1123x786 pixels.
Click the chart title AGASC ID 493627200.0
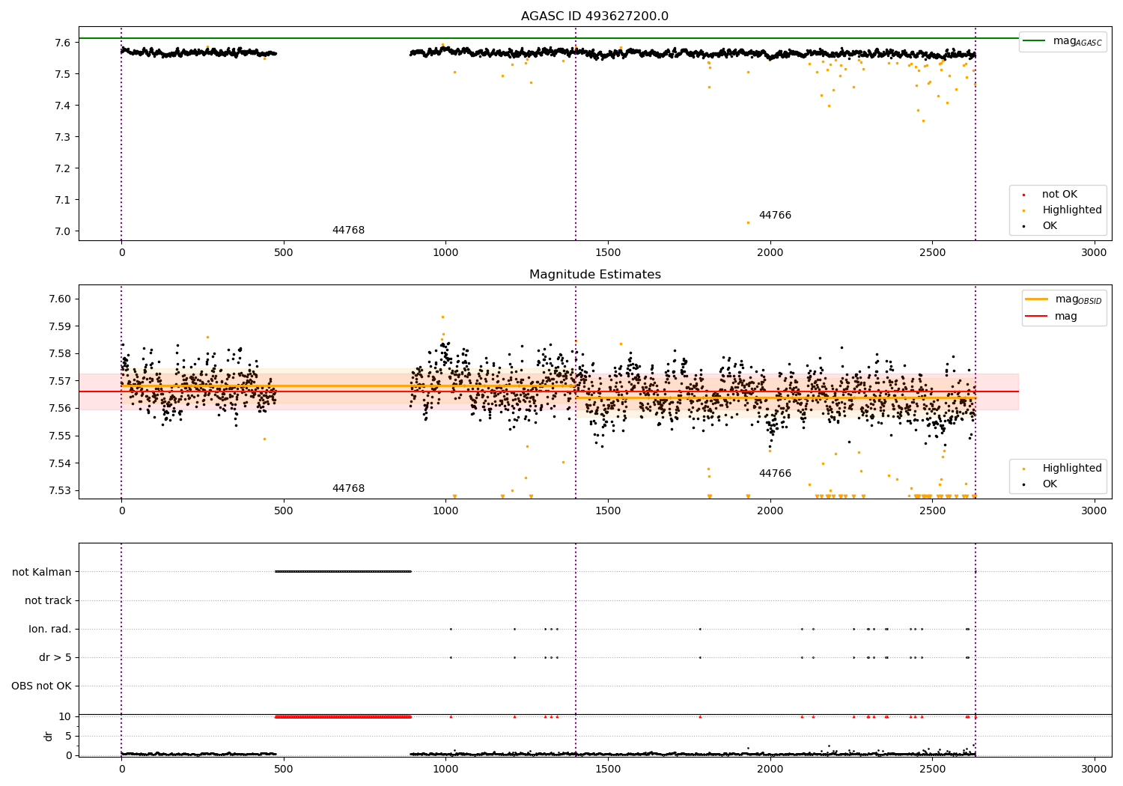(594, 16)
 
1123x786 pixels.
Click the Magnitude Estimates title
(594, 275)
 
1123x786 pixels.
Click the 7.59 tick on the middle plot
(61, 326)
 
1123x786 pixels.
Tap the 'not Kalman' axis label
(42, 572)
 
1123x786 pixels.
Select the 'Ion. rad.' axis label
(50, 629)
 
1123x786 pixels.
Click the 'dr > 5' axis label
(55, 657)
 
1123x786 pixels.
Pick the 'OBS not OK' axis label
(42, 686)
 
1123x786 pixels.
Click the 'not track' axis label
(48, 600)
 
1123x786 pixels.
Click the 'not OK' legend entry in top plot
(1059, 195)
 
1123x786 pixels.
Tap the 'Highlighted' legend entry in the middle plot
(1071, 469)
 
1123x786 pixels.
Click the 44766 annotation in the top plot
(775, 216)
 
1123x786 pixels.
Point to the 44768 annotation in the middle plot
(348, 489)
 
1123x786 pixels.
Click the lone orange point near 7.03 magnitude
(747, 222)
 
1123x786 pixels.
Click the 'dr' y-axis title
(49, 736)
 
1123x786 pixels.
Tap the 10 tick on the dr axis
(65, 716)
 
